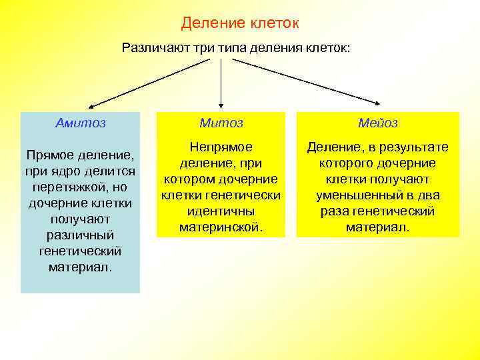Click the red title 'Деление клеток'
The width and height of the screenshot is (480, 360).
[240, 23]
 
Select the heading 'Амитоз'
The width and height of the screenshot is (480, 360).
[81, 123]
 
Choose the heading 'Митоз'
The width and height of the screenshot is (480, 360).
[221, 123]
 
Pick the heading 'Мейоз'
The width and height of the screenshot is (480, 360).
[377, 123]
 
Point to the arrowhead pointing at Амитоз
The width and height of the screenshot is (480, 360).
[92, 105]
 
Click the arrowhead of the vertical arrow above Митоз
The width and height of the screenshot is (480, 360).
[221, 102]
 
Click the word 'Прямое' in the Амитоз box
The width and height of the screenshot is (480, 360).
[52, 155]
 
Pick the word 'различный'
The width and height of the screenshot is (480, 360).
[81, 235]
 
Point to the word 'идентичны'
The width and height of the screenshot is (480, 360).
[221, 211]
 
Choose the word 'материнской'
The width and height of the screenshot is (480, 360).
[221, 227]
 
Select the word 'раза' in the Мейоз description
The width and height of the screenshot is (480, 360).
[335, 211]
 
